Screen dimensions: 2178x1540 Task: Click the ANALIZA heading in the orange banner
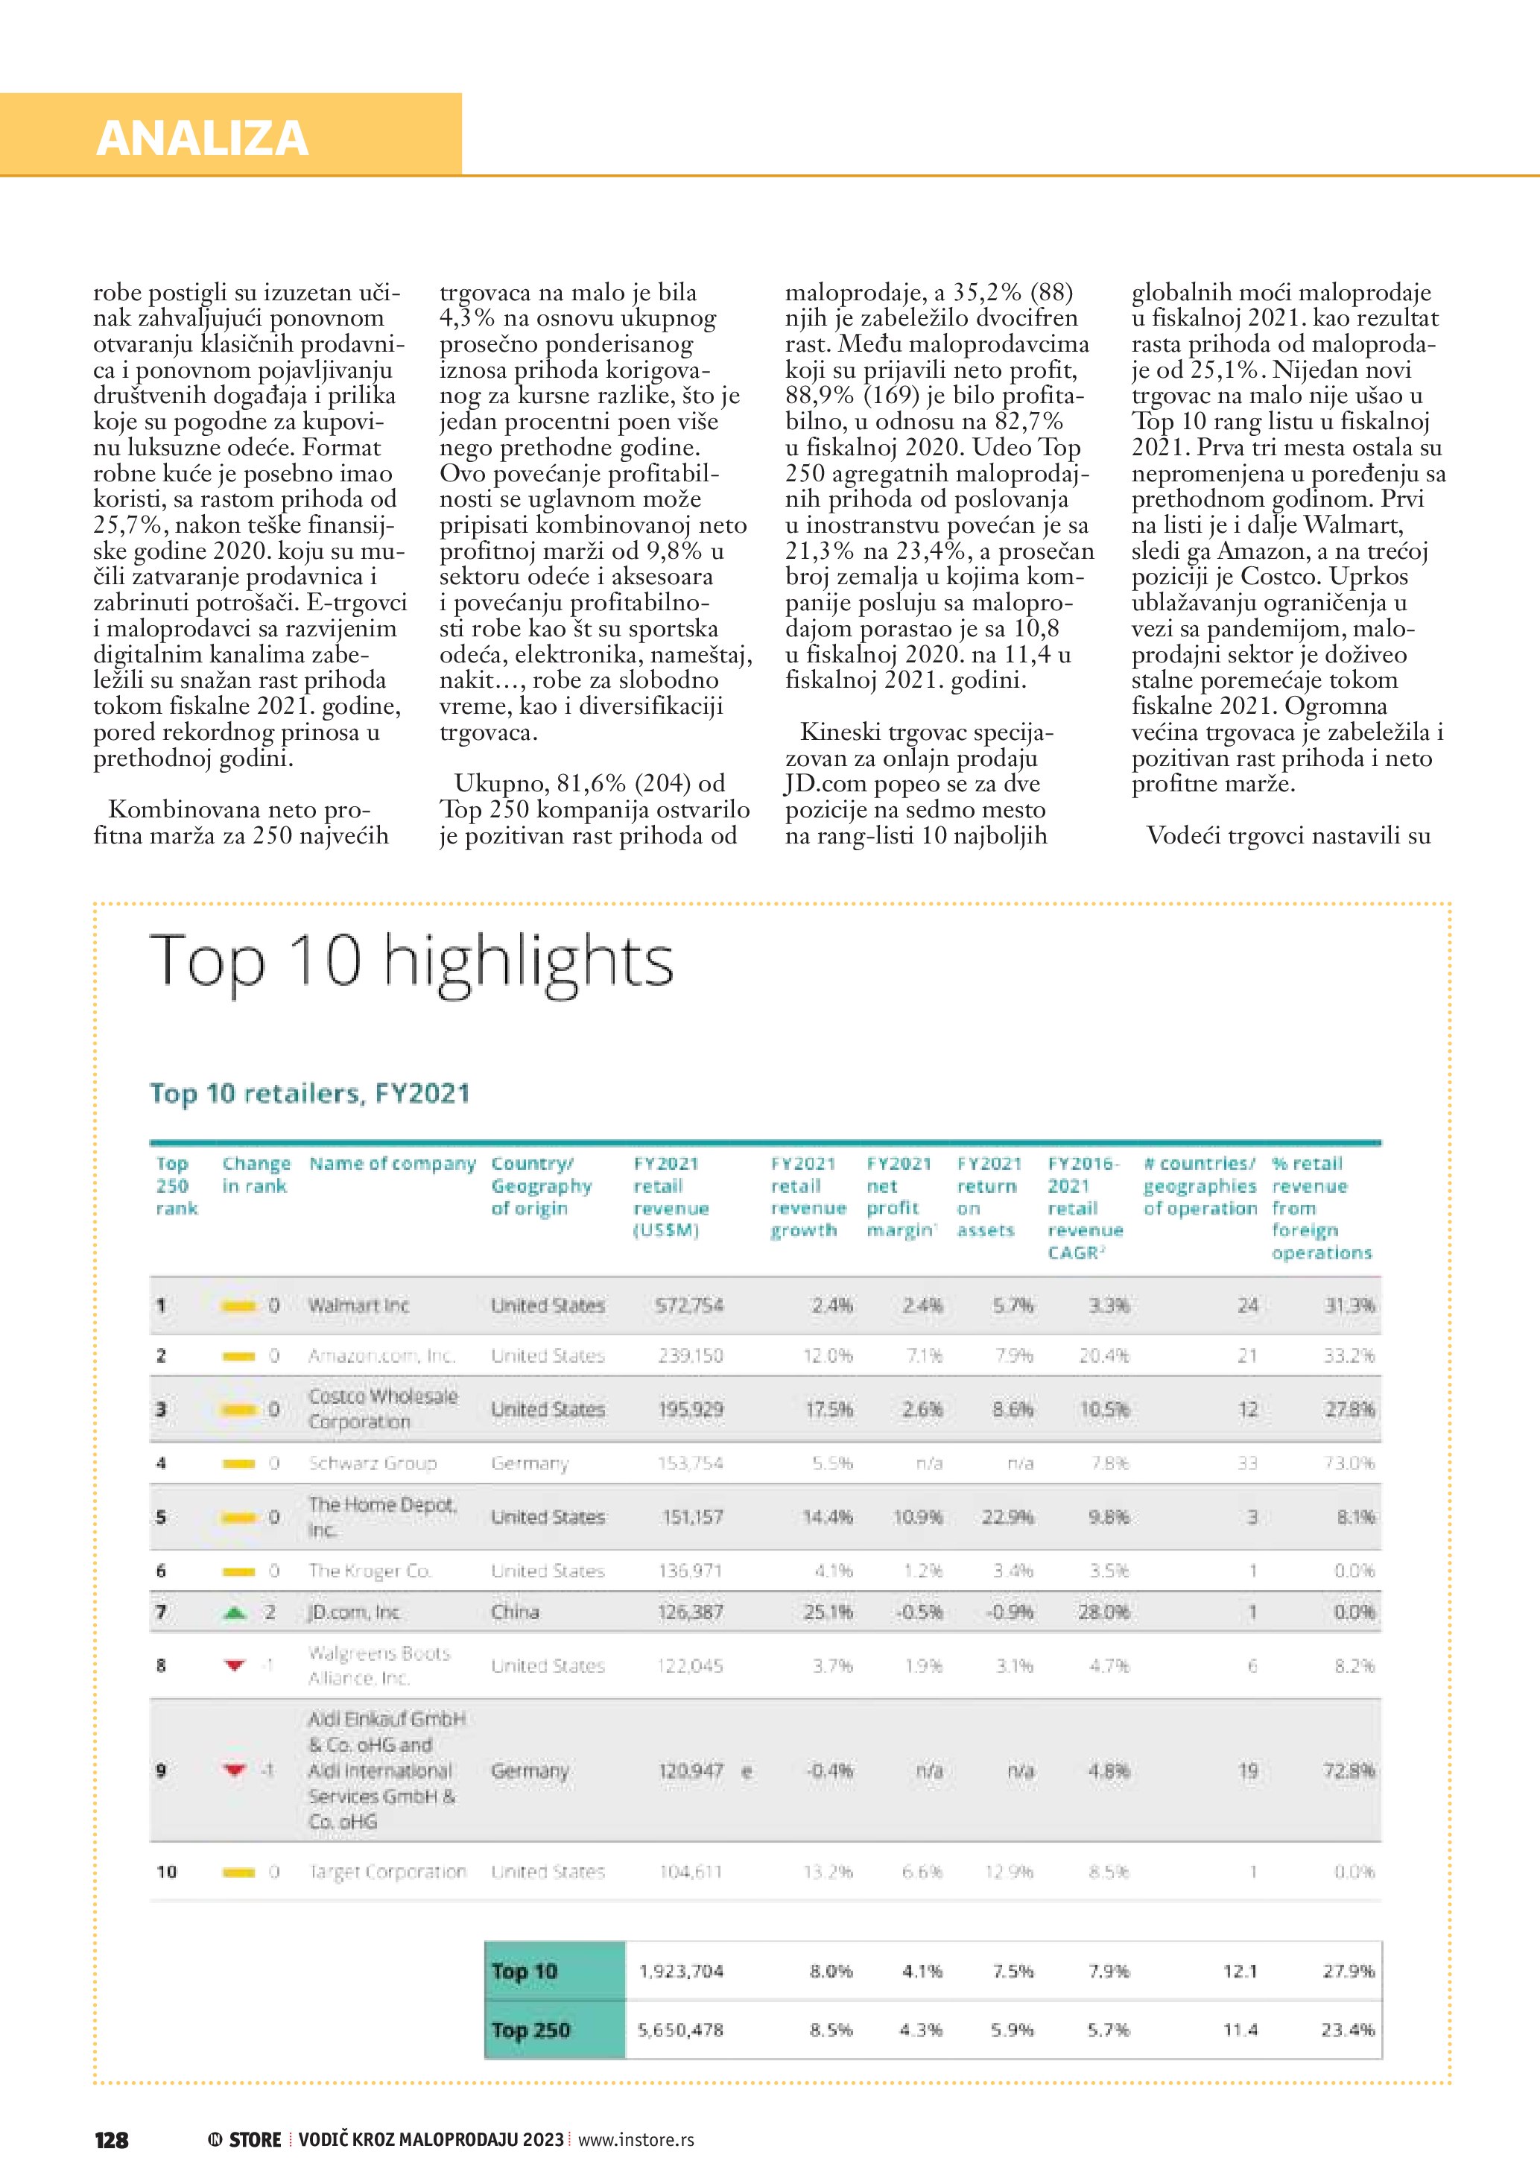[202, 138]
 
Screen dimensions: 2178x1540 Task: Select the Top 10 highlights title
[411, 961]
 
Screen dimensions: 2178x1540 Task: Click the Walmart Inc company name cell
[358, 1305]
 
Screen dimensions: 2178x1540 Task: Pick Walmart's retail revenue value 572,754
[689, 1305]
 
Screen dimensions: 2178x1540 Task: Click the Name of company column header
[392, 1164]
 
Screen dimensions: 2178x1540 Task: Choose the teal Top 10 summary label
[525, 1970]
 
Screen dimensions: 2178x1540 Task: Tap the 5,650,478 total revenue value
[680, 2029]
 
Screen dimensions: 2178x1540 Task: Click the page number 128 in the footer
[111, 2140]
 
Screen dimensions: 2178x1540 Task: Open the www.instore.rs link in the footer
[636, 2140]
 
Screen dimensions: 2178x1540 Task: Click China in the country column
[515, 1612]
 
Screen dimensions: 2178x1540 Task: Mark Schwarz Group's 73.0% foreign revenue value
[1349, 1463]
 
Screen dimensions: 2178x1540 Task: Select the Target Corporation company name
[387, 1872]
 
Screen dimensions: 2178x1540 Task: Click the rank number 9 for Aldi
[161, 1770]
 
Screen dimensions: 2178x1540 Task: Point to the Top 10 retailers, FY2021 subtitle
[310, 1094]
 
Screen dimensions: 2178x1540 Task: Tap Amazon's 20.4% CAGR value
[1104, 1355]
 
